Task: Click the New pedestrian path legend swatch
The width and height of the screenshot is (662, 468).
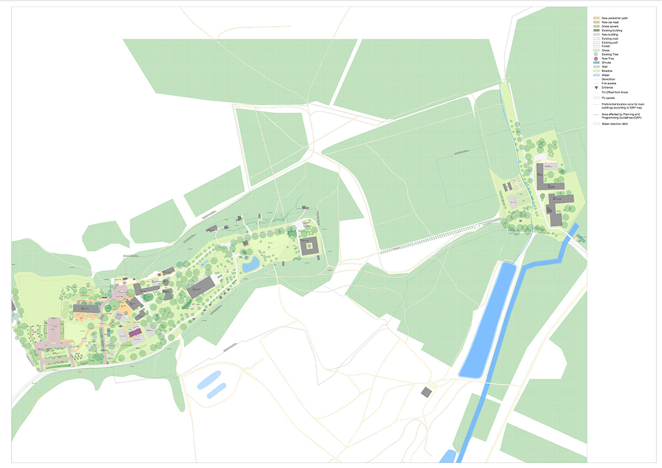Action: (596, 18)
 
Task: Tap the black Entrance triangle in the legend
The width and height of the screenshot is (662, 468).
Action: (596, 88)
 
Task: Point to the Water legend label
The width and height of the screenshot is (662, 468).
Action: (605, 75)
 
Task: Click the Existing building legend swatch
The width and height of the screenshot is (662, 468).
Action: (596, 30)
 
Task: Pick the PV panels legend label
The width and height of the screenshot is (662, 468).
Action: (607, 98)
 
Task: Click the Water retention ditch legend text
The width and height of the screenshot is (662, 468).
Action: (615, 124)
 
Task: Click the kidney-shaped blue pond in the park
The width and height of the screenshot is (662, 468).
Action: (251, 264)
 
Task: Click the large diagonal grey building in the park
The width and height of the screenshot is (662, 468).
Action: (201, 287)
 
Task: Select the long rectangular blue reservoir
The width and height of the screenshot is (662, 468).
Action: (489, 320)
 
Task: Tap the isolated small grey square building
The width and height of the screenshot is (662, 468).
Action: (426, 392)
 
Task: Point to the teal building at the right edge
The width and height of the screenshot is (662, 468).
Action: (581, 238)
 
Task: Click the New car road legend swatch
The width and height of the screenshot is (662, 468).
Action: (596, 22)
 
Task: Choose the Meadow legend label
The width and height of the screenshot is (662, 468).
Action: (607, 71)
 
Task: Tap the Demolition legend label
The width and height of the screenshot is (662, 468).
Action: (608, 79)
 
